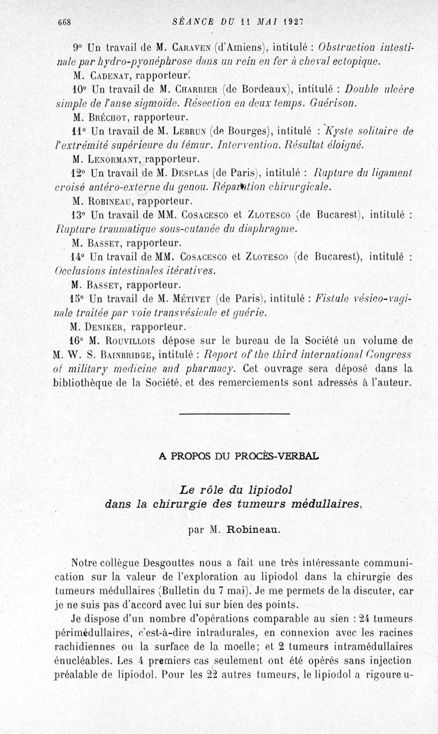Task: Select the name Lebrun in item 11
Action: coord(182,131)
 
